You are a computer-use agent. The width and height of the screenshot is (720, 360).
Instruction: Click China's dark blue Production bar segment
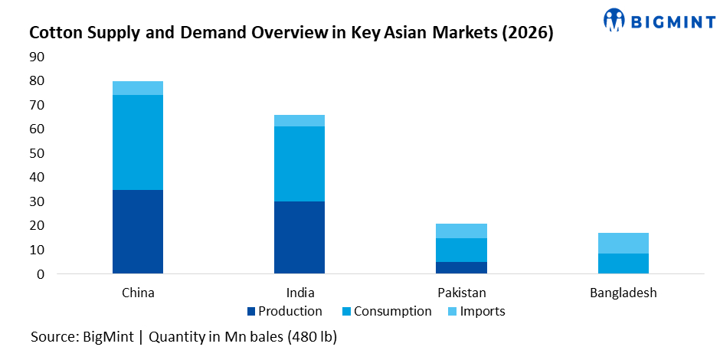pos(138,231)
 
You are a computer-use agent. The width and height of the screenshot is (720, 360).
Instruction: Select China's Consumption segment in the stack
pos(138,142)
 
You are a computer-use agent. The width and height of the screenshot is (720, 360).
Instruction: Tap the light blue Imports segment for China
pos(138,88)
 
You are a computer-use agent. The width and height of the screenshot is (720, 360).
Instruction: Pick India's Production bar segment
pos(299,237)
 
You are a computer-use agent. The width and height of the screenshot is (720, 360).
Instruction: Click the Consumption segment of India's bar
pos(299,164)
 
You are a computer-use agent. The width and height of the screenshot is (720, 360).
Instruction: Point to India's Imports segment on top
pos(299,120)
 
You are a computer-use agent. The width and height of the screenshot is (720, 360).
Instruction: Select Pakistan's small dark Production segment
pos(461,267)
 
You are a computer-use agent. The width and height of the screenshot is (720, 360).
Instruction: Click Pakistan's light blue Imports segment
pos(461,231)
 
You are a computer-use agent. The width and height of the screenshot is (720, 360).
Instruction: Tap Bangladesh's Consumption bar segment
pos(623,263)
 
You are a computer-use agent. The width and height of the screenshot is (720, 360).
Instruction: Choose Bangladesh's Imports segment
pos(623,243)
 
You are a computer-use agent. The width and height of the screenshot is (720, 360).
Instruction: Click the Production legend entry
pos(285,311)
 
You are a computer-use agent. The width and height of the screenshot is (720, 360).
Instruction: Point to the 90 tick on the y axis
pos(38,57)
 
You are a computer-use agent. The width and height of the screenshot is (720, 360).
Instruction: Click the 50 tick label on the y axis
pos(38,153)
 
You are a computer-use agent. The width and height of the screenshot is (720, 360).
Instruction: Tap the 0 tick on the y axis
pos(41,274)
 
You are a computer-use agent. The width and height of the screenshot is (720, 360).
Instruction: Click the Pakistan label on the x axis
pos(461,293)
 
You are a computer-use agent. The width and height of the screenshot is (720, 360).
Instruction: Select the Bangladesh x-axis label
pos(623,293)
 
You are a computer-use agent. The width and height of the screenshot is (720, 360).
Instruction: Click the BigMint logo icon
pos(615,21)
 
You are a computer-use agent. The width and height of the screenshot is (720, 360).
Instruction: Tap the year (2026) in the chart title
pos(523,33)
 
